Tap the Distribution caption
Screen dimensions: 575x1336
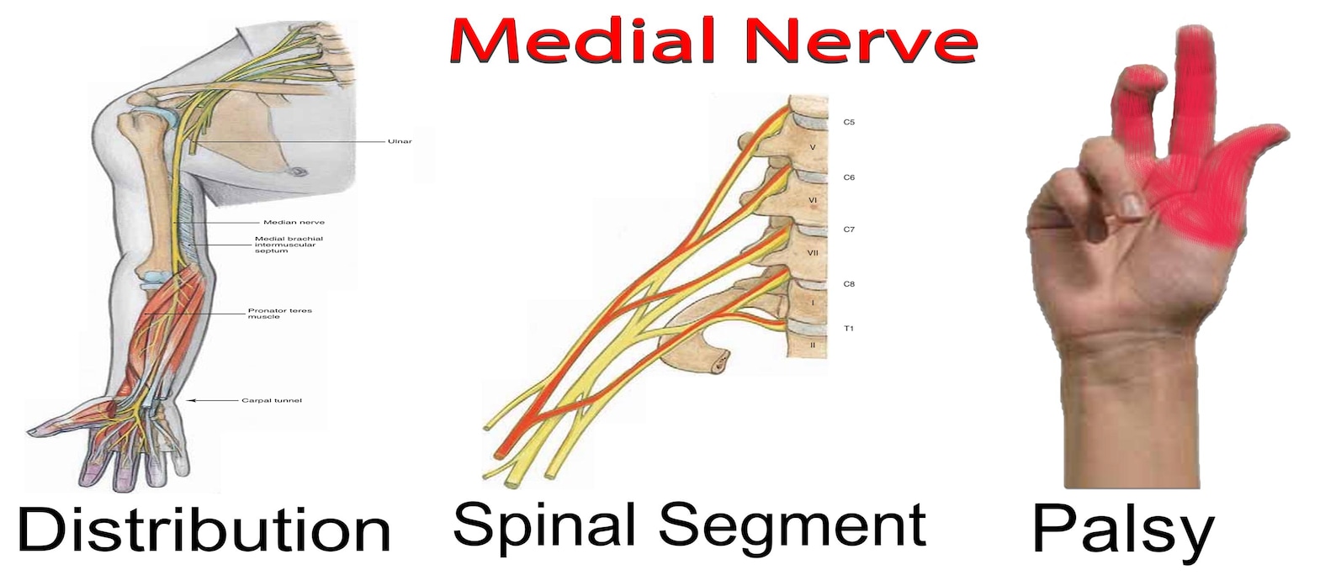tap(204, 530)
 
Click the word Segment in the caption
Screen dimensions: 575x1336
tap(792, 525)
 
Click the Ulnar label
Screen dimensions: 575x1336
tap(400, 141)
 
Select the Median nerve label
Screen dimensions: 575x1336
tap(294, 223)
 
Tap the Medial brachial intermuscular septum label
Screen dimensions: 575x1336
tap(289, 245)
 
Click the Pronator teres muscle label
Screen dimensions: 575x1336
tap(279, 314)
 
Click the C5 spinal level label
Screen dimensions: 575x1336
tap(849, 123)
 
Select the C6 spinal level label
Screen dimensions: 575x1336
tap(849, 178)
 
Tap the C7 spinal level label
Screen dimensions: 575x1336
tap(849, 229)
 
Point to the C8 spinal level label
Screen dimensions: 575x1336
tap(849, 284)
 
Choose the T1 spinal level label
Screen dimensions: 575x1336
tap(849, 329)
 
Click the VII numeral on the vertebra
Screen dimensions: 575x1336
tap(813, 252)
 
